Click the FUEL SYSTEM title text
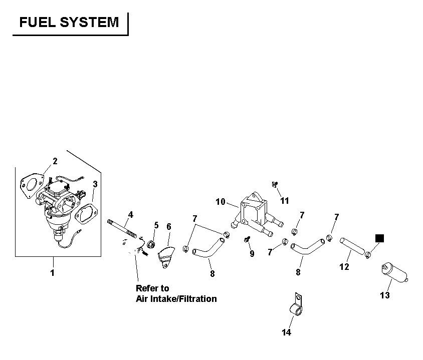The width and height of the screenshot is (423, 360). [x=69, y=22]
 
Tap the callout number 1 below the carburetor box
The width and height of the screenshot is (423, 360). [x=52, y=273]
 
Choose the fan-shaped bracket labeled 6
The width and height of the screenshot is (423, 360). [x=166, y=257]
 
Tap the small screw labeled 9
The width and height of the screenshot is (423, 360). [x=247, y=239]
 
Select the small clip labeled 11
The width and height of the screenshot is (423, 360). [x=275, y=185]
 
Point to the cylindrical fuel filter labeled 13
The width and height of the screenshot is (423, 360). [x=394, y=273]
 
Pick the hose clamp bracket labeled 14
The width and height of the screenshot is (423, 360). [x=296, y=304]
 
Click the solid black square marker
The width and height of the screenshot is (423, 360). [x=379, y=238]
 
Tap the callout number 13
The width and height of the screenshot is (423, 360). [x=385, y=295]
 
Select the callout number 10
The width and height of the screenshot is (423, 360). [x=221, y=202]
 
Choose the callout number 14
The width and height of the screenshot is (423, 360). [x=287, y=332]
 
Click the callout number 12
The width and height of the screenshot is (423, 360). [x=344, y=267]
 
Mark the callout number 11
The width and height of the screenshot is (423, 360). [x=285, y=201]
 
